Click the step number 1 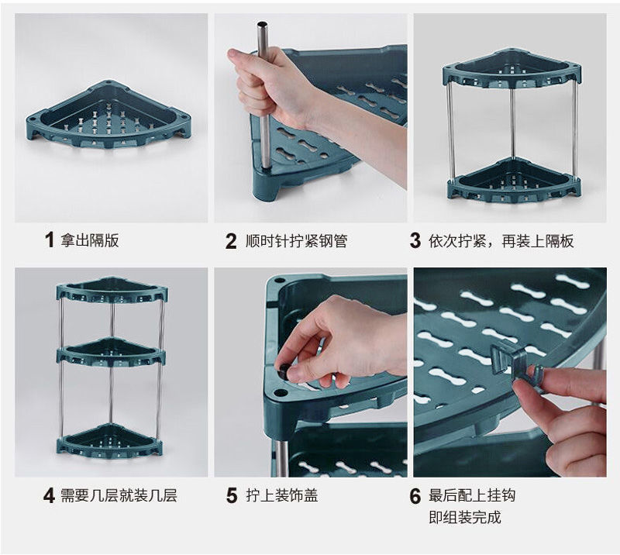tap(50, 240)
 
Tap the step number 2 tap(231, 241)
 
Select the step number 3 tap(415, 240)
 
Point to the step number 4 tap(49, 495)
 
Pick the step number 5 tap(232, 495)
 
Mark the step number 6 tap(415, 496)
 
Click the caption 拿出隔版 tap(89, 240)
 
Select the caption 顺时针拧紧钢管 tap(296, 241)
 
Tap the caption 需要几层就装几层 tap(119, 495)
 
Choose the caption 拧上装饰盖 tap(282, 495)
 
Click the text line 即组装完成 tap(465, 517)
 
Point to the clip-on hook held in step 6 tap(510, 360)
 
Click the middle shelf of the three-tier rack tap(111, 352)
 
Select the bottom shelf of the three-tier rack tap(111, 440)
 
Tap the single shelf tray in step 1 tap(108, 115)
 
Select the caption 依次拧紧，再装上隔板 tap(501, 240)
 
